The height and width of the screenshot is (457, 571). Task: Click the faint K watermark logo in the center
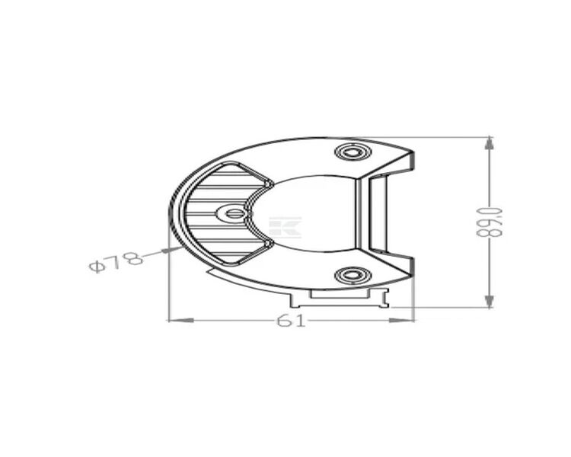tap(286, 227)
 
